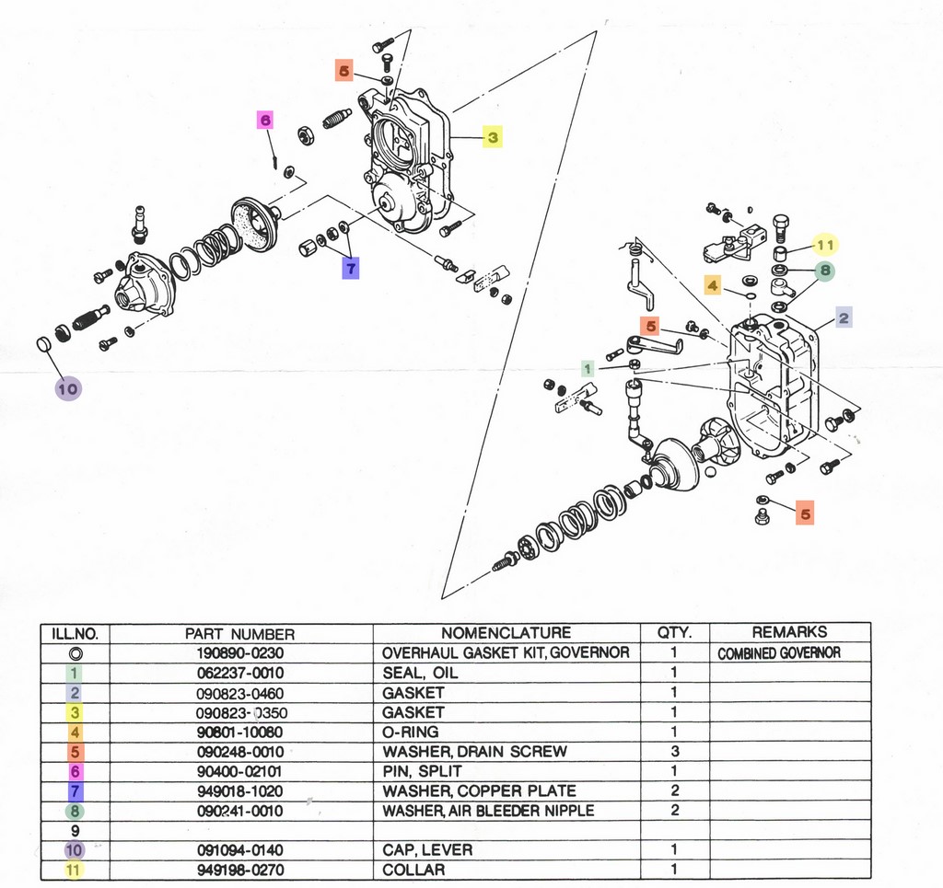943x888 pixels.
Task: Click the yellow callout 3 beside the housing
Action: [493, 138]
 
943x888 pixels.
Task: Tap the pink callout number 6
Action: [264, 120]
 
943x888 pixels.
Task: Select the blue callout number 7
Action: [351, 268]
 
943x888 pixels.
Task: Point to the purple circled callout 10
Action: [67, 388]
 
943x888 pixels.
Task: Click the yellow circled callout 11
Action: [825, 246]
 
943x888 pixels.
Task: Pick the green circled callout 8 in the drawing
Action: [825, 271]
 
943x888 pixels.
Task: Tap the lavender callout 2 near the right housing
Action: [844, 318]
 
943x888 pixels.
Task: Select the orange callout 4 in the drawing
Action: [713, 286]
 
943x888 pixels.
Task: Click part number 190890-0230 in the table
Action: [239, 652]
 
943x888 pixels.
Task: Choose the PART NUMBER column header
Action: [239, 633]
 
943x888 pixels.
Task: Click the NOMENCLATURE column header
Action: [506, 633]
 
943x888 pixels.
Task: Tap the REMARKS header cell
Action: [789, 632]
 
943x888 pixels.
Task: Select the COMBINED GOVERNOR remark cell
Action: [779, 652]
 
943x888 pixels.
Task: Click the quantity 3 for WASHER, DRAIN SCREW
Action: [674, 752]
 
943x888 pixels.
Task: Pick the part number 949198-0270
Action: [239, 870]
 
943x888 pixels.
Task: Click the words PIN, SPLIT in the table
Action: [423, 771]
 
